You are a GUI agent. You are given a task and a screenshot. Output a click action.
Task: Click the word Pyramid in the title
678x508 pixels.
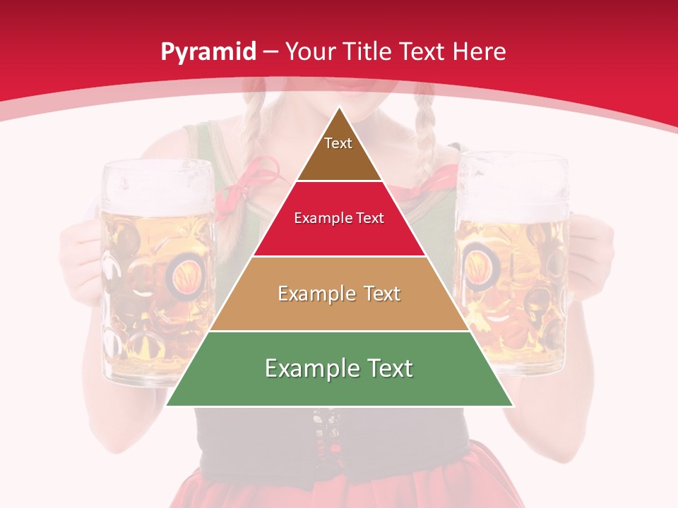click(208, 52)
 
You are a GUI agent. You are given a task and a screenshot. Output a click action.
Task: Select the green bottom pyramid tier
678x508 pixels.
click(339, 369)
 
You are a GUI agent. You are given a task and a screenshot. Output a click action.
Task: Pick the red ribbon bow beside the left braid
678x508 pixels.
click(251, 180)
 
